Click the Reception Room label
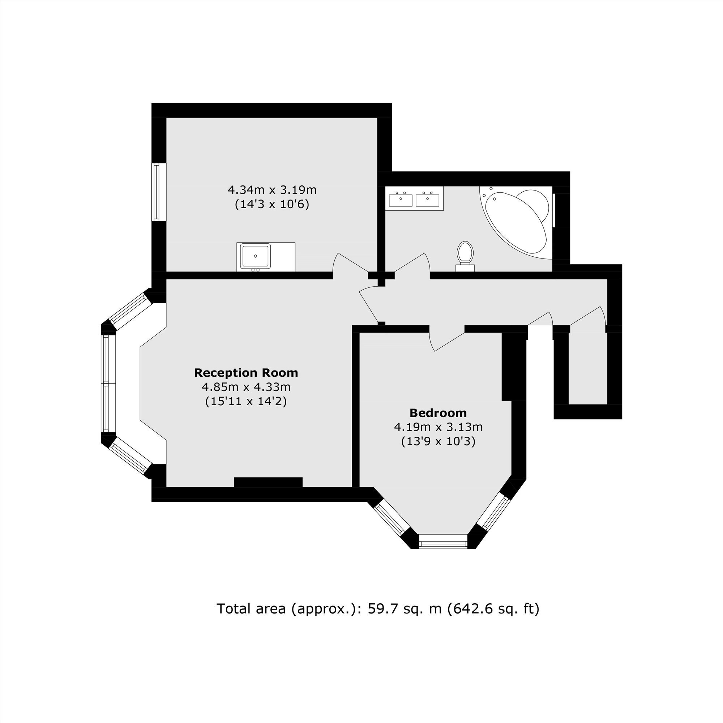coord(246,373)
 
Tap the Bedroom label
coord(438,413)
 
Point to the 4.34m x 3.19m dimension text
coord(272,190)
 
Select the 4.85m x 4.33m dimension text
coord(246,386)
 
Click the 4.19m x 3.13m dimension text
coord(438,427)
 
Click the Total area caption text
coord(378,608)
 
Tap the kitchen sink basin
coord(255,256)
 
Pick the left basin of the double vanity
coord(401,200)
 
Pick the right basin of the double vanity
coord(427,200)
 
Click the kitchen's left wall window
coord(159,192)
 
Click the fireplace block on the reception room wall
coord(268,482)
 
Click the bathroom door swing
coord(412,265)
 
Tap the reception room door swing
coord(369,303)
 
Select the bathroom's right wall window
coord(554,210)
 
